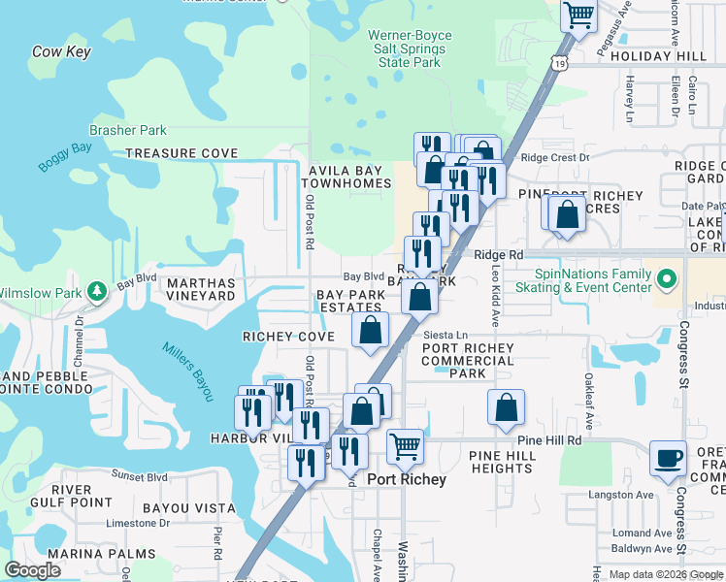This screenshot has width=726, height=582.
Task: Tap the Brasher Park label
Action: click(127, 130)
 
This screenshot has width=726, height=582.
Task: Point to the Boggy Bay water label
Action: click(64, 154)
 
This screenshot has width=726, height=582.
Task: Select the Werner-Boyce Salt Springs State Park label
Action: click(410, 49)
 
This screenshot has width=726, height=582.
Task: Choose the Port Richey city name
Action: click(408, 479)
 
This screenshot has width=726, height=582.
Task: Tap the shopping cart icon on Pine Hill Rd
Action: click(405, 447)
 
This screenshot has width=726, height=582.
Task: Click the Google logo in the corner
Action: click(33, 570)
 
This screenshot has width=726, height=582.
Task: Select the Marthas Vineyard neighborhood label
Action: click(201, 290)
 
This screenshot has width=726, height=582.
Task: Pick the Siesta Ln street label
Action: click(445, 335)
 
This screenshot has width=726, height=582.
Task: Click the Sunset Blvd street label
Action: click(141, 476)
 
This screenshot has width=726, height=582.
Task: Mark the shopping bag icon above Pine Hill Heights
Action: click(506, 407)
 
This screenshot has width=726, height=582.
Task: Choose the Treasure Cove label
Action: click(181, 153)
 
